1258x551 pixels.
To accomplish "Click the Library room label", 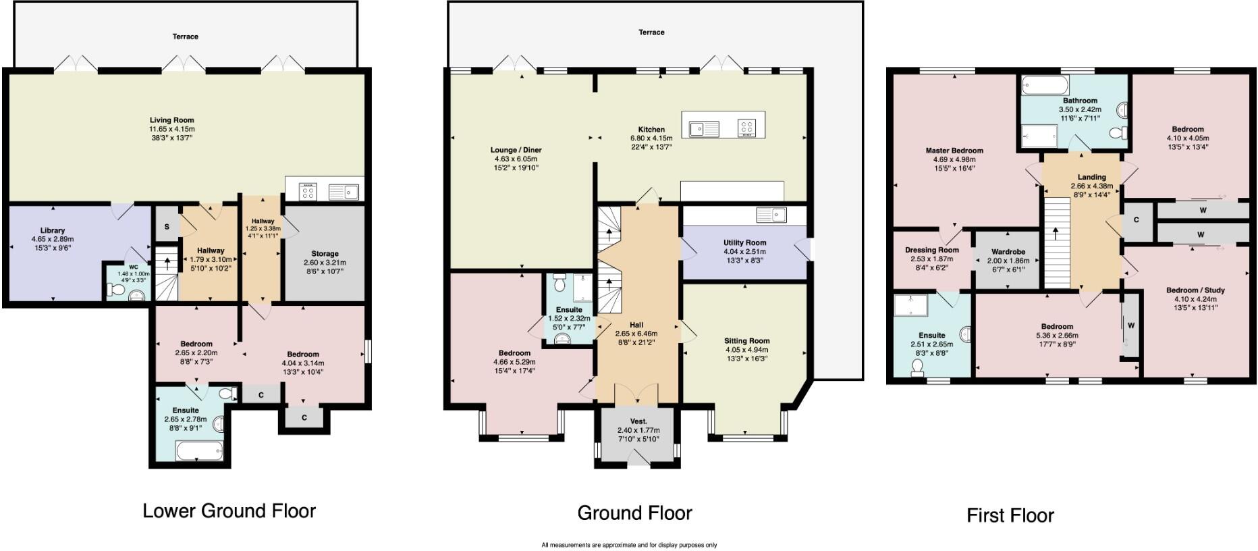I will pyautogui.click(x=52, y=230).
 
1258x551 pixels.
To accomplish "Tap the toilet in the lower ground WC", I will pyautogui.click(x=115, y=291).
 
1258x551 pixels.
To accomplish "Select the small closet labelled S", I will pyautogui.click(x=167, y=228).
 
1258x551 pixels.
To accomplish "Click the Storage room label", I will pyautogui.click(x=325, y=254).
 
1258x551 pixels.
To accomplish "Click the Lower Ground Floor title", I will pyautogui.click(x=229, y=510).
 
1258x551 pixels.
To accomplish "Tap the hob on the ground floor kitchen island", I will pyautogui.click(x=746, y=128).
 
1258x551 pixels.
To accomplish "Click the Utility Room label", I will pyautogui.click(x=744, y=242).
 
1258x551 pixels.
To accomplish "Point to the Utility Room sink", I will pyautogui.click(x=771, y=215).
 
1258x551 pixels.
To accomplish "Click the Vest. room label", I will pyautogui.click(x=638, y=421).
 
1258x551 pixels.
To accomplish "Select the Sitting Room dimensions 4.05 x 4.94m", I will pyautogui.click(x=746, y=350).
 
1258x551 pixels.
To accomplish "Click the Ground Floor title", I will pyautogui.click(x=634, y=513).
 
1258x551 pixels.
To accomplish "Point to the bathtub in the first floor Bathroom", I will pyautogui.click(x=1045, y=85).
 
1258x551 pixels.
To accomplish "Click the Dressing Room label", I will pyautogui.click(x=931, y=250).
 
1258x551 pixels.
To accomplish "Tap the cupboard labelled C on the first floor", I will pyautogui.click(x=1137, y=220).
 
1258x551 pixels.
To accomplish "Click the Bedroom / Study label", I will pyautogui.click(x=1195, y=290).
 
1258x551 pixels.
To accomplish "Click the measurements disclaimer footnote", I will pyautogui.click(x=628, y=545).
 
